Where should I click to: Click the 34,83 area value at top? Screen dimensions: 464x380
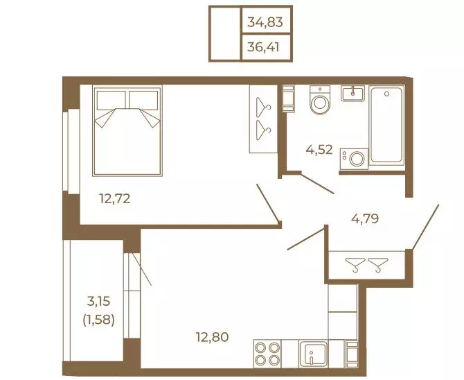pyautogui.click(x=265, y=22)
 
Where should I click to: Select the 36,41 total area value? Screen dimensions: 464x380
pyautogui.click(x=263, y=47)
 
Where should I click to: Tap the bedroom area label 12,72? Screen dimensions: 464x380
pyautogui.click(x=115, y=198)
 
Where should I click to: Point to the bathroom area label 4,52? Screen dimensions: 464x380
pyautogui.click(x=319, y=150)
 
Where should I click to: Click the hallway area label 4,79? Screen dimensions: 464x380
pyautogui.click(x=365, y=218)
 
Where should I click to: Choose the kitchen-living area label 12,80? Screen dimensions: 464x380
pyautogui.click(x=213, y=337)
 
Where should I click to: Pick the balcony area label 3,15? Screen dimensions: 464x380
pyautogui.click(x=98, y=301)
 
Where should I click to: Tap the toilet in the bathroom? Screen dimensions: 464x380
pyautogui.click(x=320, y=100)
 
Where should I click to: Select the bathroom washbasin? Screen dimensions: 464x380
pyautogui.click(x=353, y=94)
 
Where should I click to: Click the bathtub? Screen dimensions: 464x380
pyautogui.click(x=386, y=125)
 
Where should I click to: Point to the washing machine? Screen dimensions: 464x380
pyautogui.click(x=354, y=159)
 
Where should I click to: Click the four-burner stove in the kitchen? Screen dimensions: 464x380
pyautogui.click(x=267, y=354)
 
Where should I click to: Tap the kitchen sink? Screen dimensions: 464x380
pyautogui.click(x=314, y=354)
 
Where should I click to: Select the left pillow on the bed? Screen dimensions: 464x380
pyautogui.click(x=111, y=100)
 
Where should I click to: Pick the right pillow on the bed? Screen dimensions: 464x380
pyautogui.click(x=143, y=100)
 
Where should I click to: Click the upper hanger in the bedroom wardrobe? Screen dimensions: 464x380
pyautogui.click(x=263, y=105)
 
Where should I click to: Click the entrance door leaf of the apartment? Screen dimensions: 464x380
pyautogui.click(x=425, y=227)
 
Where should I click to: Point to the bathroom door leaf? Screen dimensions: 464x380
pyautogui.click(x=317, y=184)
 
